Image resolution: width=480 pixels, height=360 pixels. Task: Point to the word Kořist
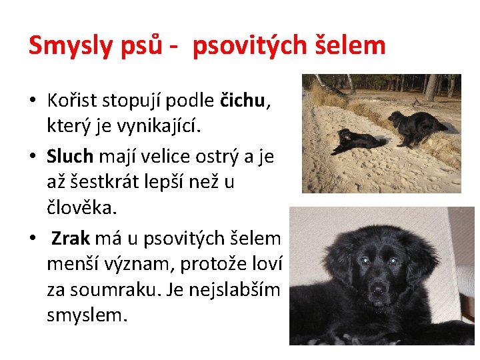tap(73, 101)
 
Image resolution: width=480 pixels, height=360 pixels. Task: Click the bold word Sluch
tap(71, 156)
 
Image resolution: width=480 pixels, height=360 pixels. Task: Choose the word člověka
tap(81, 207)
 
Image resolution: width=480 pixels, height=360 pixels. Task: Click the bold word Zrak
tap(71, 238)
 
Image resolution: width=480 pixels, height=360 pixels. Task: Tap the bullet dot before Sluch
tap(33, 157)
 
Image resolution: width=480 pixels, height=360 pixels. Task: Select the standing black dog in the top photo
tap(417, 125)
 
